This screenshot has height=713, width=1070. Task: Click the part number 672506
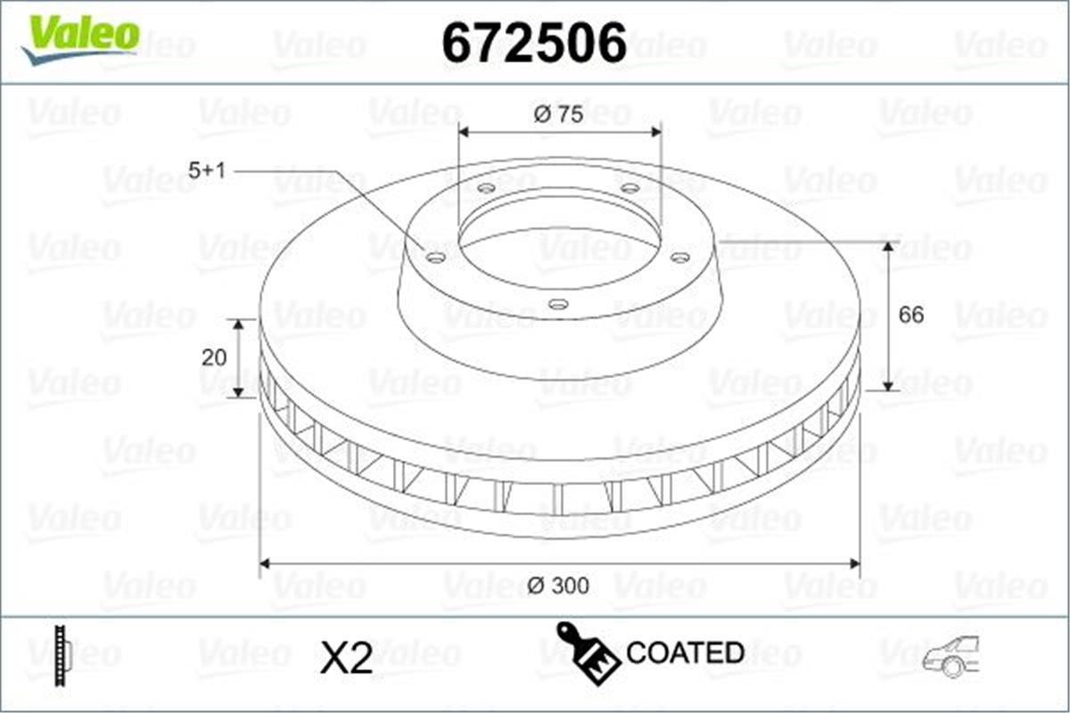(534, 42)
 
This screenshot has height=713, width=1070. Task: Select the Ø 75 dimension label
(560, 114)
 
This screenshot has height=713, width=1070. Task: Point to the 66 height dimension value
(910, 315)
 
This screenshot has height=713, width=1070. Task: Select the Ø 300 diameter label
(558, 586)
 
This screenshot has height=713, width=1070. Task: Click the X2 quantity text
(345, 658)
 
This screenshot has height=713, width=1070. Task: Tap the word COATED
(685, 652)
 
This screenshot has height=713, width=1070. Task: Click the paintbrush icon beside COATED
(587, 652)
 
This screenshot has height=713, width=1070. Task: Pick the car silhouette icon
(951, 657)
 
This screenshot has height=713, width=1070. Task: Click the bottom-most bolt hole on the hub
(558, 305)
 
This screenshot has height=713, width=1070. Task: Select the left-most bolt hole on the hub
(436, 258)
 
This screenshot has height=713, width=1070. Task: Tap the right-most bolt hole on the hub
(679, 258)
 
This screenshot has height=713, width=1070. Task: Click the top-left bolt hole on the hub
(486, 188)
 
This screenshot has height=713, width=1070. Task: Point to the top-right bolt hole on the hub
(630, 188)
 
